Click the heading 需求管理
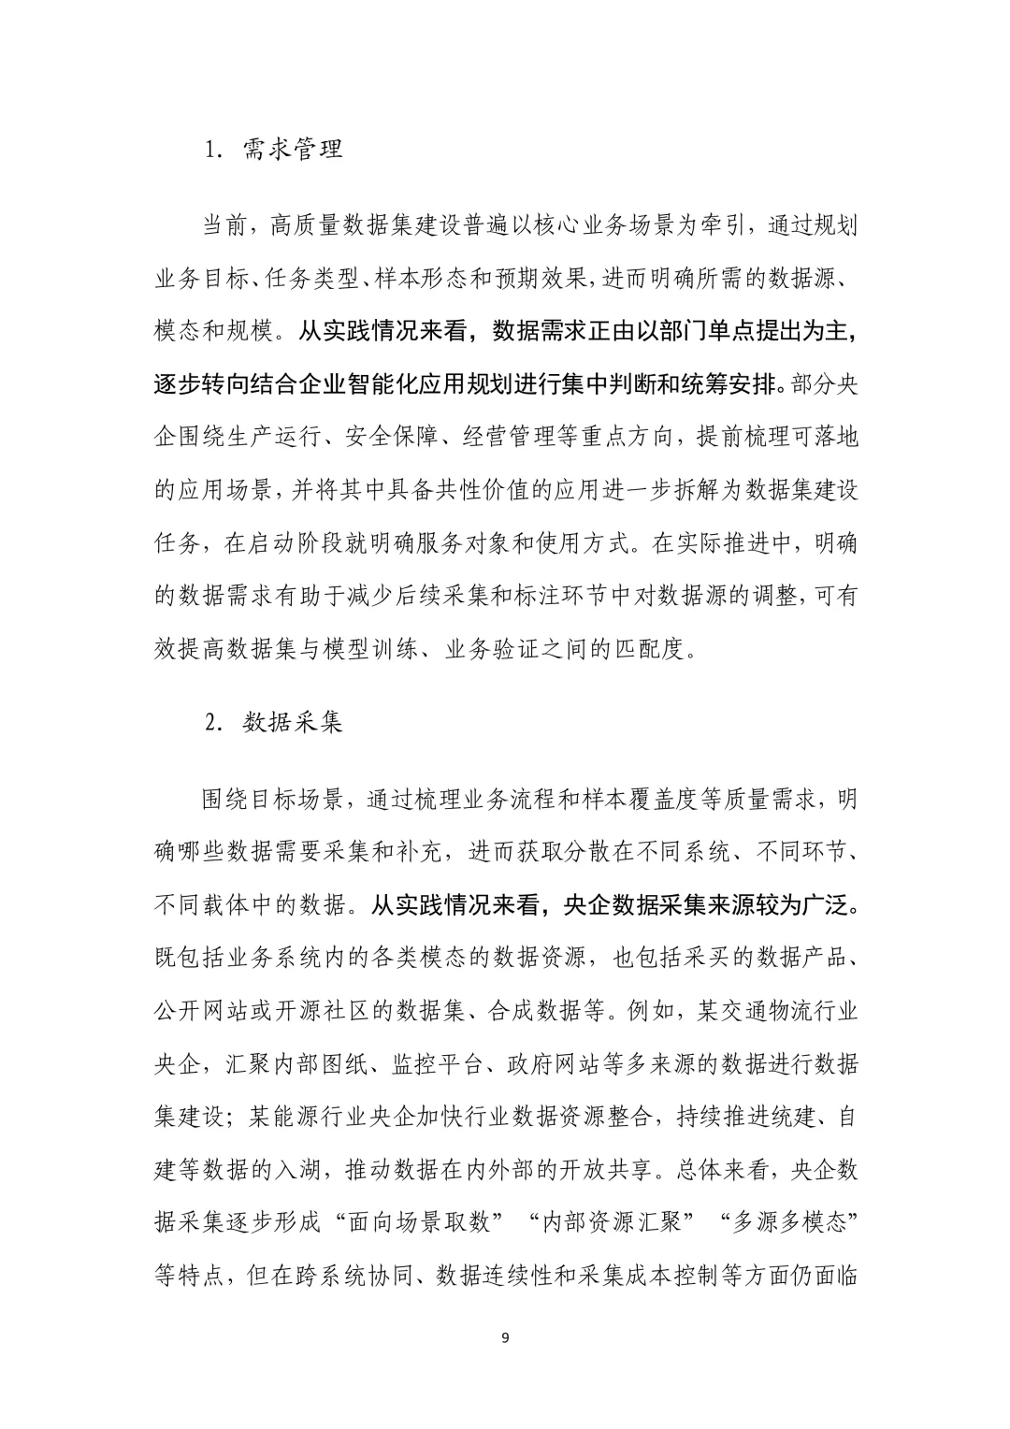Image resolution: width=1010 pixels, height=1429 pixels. click(x=293, y=149)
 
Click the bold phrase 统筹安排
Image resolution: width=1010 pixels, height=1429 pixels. click(x=729, y=383)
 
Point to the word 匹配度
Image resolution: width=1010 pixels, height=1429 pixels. click(x=654, y=649)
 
